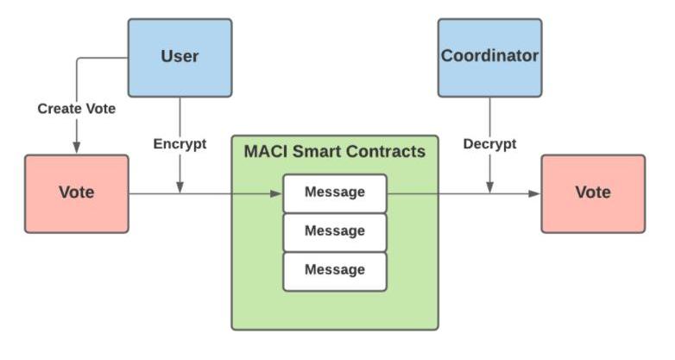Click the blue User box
180,57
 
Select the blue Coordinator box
489,57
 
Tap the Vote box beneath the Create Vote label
76,193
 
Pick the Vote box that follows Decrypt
592,193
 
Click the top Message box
335,193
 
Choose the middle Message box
335,231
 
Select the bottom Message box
335,270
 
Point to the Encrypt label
180,144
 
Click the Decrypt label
489,144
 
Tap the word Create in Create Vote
57,110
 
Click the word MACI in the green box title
263,153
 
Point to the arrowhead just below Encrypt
180,187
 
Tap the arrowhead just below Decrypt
489,187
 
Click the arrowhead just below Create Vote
76,148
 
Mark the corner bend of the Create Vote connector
77,59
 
